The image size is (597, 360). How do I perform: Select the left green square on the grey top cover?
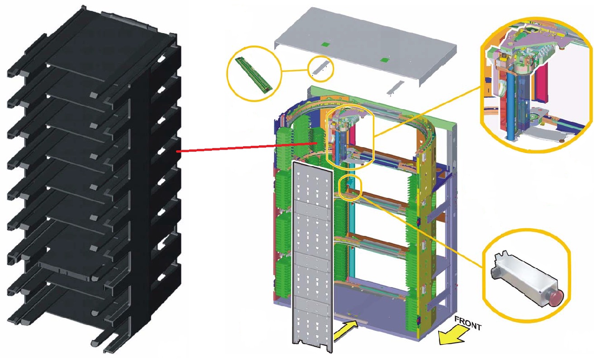click(x=324, y=44)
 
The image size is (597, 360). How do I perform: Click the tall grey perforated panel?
click(x=312, y=254)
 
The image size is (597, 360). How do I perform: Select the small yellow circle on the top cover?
click(x=321, y=67)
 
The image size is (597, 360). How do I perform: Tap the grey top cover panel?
click(x=362, y=50)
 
